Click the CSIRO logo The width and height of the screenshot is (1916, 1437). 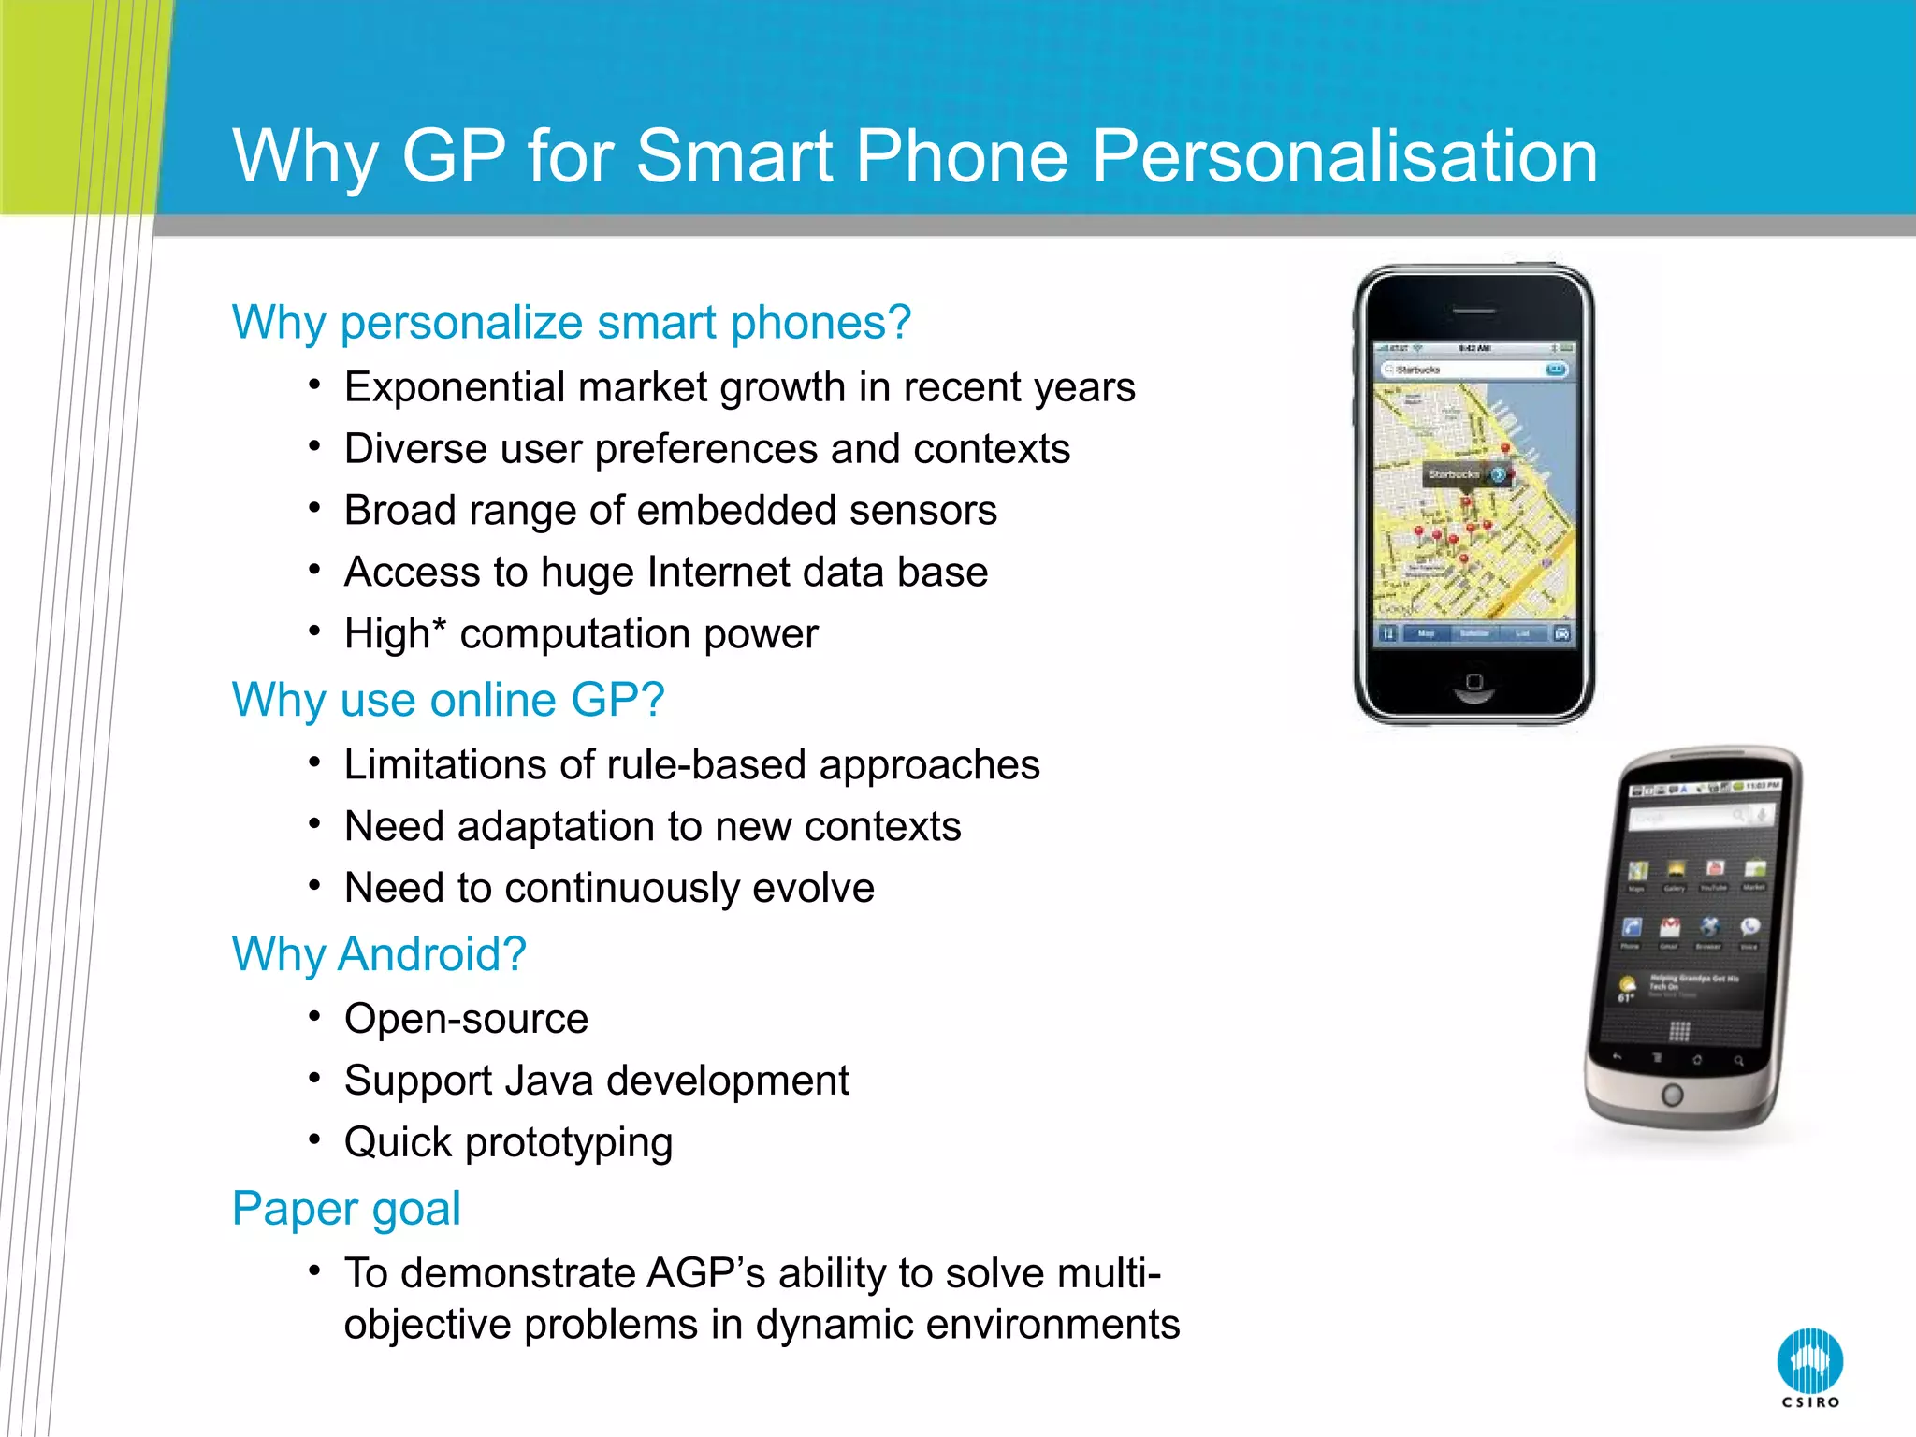coord(1809,1365)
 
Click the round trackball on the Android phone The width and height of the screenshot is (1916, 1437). coord(1672,1095)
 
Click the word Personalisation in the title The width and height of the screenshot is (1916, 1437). coord(1344,155)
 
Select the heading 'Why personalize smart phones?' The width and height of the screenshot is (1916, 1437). coord(571,323)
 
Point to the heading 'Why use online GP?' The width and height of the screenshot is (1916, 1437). coord(448,700)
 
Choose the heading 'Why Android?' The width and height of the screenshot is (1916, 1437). coord(379,954)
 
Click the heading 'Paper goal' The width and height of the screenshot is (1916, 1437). coord(346,1208)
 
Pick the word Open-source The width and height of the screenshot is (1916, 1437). coord(466,1019)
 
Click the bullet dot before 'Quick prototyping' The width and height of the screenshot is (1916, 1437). coord(315,1139)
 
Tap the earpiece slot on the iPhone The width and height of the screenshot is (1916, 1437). coord(1474,312)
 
